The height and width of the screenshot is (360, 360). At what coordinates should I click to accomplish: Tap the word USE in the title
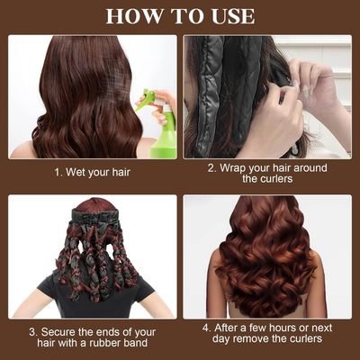[x=229, y=15]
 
